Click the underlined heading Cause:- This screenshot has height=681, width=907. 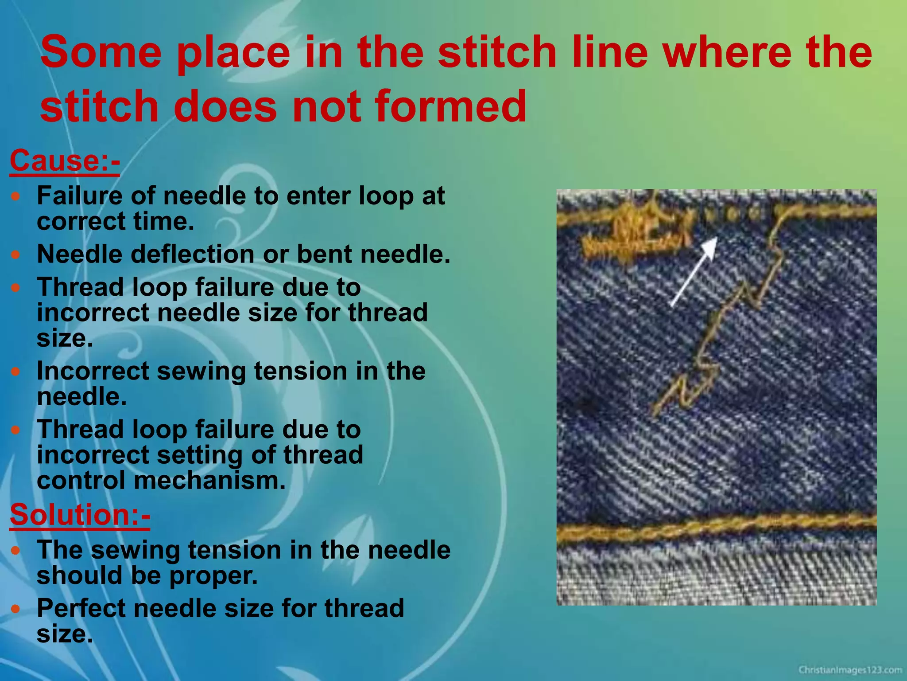click(65, 160)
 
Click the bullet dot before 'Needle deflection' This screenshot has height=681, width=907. click(16, 255)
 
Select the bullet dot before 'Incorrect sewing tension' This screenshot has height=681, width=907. click(16, 372)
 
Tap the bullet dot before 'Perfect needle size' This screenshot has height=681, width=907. click(16, 609)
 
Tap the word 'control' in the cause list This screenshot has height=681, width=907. click(81, 480)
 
